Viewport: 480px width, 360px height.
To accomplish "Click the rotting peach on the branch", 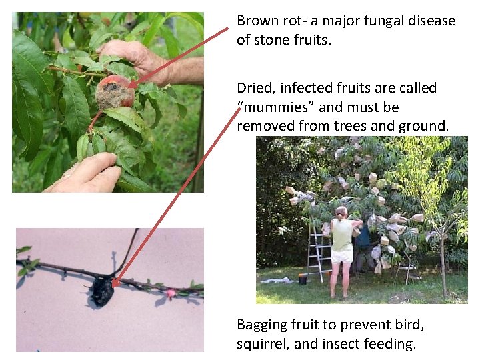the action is [x=115, y=92].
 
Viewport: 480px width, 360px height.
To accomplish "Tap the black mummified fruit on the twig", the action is [x=103, y=291].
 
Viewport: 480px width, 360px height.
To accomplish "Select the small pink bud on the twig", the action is [x=169, y=294].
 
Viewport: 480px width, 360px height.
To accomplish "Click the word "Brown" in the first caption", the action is [x=258, y=21].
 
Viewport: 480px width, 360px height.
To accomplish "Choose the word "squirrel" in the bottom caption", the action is [x=263, y=344].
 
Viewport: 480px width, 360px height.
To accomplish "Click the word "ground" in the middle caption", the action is [x=423, y=126].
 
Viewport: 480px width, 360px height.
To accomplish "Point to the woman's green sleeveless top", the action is [x=341, y=234].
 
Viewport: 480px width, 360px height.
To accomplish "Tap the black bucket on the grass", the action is [x=303, y=279].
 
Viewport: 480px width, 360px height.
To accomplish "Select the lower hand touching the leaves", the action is [x=86, y=173].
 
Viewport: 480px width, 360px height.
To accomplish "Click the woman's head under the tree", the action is [x=341, y=213].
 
